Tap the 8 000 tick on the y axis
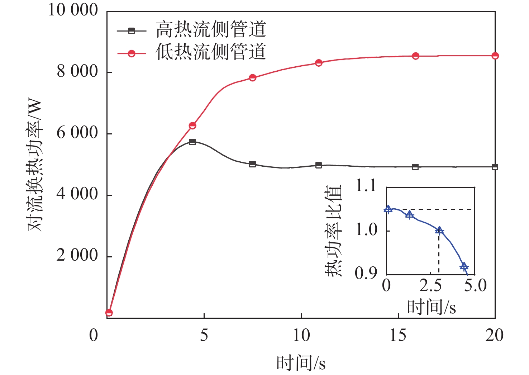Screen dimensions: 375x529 (x=77, y=72)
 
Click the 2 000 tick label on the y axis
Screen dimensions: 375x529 (x=77, y=256)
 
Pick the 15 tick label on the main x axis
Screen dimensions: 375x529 (x=398, y=336)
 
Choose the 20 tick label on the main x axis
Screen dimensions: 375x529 (x=495, y=336)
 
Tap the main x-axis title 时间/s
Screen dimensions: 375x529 (x=301, y=363)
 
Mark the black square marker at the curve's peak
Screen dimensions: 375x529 (x=192, y=142)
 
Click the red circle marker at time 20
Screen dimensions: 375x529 (x=495, y=56)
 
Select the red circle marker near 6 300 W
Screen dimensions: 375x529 (x=192, y=125)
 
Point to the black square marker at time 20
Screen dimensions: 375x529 (x=495, y=167)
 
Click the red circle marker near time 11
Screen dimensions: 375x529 (x=319, y=63)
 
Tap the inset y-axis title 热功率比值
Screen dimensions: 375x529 (x=333, y=231)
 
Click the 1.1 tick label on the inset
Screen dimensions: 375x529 (x=366, y=186)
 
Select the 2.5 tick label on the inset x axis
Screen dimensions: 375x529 (x=430, y=286)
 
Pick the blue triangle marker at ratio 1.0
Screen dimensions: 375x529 (x=439, y=231)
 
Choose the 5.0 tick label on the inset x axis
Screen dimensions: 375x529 (x=475, y=286)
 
